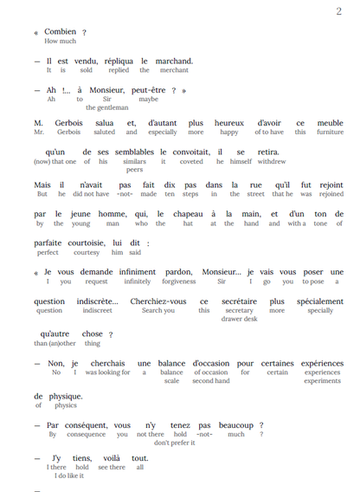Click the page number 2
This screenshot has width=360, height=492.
[338, 11]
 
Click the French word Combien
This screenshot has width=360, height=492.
[61, 32]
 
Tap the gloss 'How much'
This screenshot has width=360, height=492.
[61, 42]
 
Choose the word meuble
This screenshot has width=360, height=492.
[331, 123]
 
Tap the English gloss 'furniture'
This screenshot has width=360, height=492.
[331, 133]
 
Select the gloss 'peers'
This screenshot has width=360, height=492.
[135, 171]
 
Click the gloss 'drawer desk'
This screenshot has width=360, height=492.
[239, 319]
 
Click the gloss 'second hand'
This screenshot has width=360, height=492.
[210, 380]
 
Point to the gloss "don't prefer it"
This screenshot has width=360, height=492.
[174, 442]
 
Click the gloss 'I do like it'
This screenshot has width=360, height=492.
[69, 475]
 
